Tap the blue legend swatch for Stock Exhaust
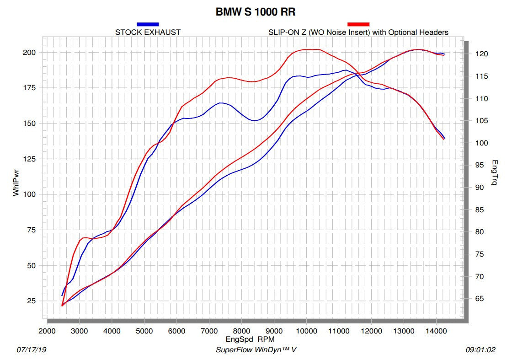pyautogui.click(x=148, y=24)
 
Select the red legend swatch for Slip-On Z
pyautogui.click(x=358, y=24)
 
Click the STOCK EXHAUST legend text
pyautogui.click(x=148, y=32)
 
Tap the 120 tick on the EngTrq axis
pyautogui.click(x=482, y=54)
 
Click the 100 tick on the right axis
pyautogui.click(x=482, y=143)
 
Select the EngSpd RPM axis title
pyautogui.click(x=250, y=339)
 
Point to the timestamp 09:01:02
pyautogui.click(x=480, y=350)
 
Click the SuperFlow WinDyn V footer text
pyautogui.click(x=256, y=350)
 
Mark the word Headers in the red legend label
pyautogui.click(x=435, y=32)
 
